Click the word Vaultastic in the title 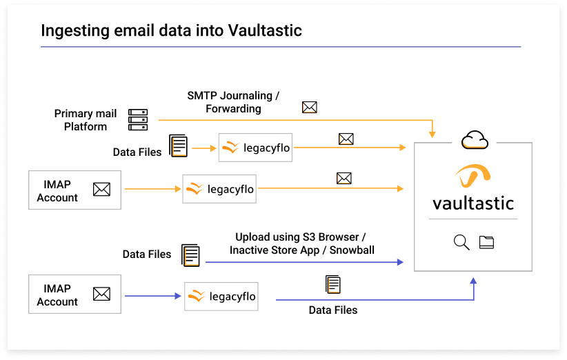click(265, 31)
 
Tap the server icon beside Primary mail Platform click(138, 119)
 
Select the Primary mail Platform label click(86, 120)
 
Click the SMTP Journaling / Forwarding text click(233, 101)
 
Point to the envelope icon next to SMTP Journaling click(310, 107)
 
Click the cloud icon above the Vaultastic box click(475, 141)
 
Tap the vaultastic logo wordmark click(473, 203)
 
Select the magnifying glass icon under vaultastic click(461, 242)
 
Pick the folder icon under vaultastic click(487, 242)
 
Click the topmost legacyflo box click(255, 148)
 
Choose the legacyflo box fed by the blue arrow click(221, 297)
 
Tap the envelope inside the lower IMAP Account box click(101, 294)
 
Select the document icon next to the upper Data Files click(179, 146)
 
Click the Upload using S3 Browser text click(300, 237)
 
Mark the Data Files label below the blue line click(333, 310)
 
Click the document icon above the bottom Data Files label click(333, 284)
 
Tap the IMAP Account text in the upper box click(57, 191)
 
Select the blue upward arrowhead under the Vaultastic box click(474, 281)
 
